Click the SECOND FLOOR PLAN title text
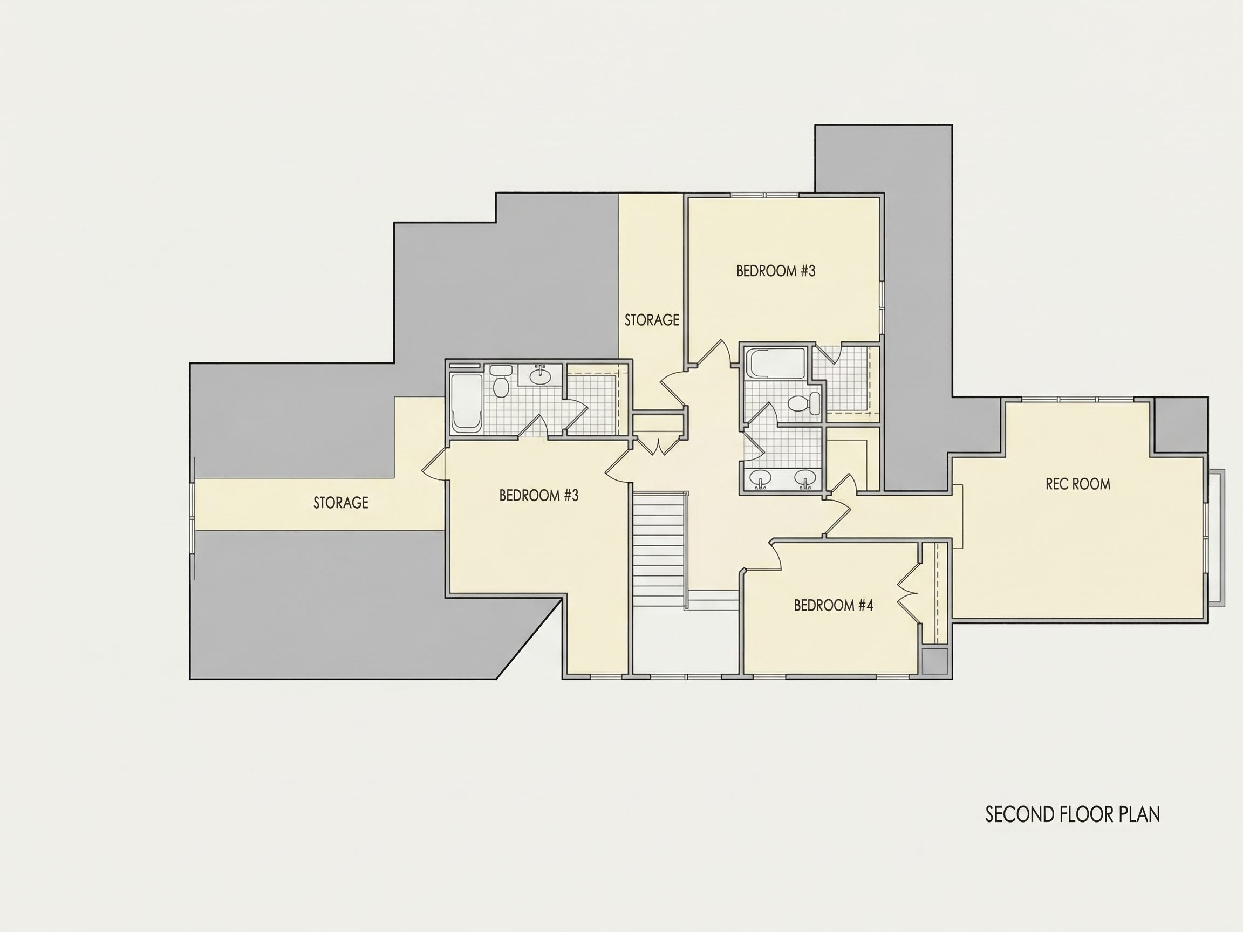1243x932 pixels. click(x=1073, y=814)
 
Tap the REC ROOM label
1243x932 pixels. click(x=1078, y=484)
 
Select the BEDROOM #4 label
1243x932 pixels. click(x=834, y=605)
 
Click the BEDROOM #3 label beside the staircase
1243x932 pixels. click(x=539, y=495)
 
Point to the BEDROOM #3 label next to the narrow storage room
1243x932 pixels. click(x=775, y=271)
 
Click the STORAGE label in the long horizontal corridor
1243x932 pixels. click(x=340, y=502)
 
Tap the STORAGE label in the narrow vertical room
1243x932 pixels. click(x=652, y=320)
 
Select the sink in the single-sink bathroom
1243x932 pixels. click(x=541, y=375)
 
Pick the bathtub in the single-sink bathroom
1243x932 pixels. click(x=467, y=403)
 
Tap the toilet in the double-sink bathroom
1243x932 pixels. click(x=803, y=403)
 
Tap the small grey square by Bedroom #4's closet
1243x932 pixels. click(x=935, y=661)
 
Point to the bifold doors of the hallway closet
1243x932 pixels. click(x=658, y=445)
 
